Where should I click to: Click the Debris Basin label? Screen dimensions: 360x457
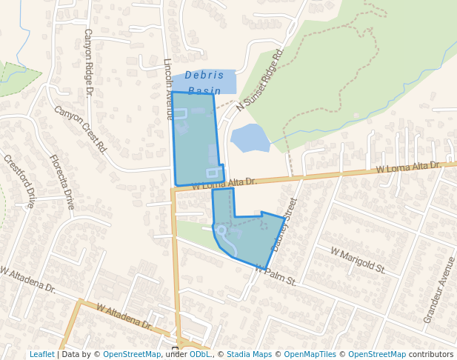coord(204,82)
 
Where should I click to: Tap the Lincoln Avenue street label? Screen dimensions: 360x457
coord(168,89)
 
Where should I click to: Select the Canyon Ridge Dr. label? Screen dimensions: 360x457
coord(88,62)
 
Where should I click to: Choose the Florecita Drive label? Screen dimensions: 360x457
coord(62,181)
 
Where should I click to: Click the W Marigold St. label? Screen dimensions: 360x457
coord(358,261)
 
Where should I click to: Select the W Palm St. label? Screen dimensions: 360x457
coord(276,276)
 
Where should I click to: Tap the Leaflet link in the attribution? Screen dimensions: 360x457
coord(41,355)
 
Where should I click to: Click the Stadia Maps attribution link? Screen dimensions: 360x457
coord(249,355)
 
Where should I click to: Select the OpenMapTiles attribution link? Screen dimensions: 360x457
coord(312,355)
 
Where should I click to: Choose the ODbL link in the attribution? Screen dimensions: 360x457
coord(199,355)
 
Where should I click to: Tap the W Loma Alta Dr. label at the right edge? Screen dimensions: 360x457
coord(408,168)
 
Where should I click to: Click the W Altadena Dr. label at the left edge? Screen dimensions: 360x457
coord(27,279)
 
